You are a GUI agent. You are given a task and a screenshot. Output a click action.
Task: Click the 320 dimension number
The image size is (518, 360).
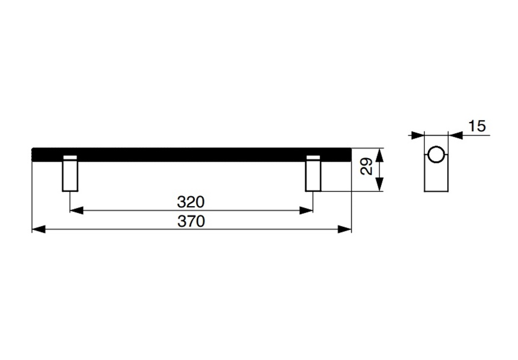[x=191, y=202]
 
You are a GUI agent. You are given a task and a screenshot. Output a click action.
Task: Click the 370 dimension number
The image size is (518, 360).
[x=191, y=221]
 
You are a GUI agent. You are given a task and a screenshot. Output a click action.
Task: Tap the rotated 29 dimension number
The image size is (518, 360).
[x=367, y=166]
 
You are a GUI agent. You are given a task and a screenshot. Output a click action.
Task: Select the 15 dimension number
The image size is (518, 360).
[x=477, y=126]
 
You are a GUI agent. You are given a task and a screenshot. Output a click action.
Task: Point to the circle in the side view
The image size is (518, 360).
[x=436, y=154]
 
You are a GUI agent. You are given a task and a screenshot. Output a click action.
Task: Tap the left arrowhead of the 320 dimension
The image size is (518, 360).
[x=76, y=210]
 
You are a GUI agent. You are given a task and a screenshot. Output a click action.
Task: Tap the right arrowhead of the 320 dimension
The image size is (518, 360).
[x=306, y=210]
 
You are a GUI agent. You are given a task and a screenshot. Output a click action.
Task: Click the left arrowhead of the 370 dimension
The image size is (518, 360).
[x=39, y=229]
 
